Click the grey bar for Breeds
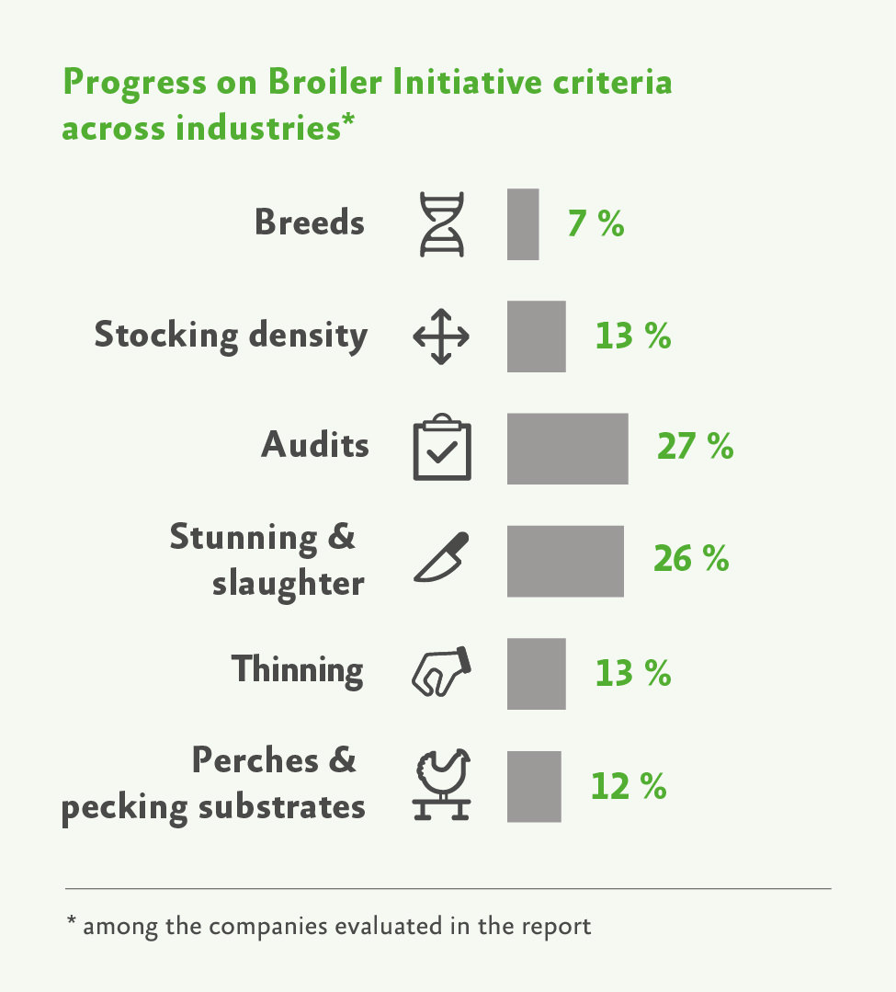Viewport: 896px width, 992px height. [523, 224]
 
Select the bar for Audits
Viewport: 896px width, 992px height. [567, 449]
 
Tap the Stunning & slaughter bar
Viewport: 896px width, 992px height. [565, 561]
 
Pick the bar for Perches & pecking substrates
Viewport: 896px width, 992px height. [534, 786]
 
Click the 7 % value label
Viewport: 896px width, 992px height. [595, 224]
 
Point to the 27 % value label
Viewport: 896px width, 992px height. [695, 446]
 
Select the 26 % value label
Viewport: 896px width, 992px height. [691, 559]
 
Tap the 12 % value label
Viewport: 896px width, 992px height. [629, 787]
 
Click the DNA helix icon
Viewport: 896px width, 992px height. [442, 224]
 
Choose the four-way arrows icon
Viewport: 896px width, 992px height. [441, 336]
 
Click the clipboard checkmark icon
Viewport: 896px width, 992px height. [442, 448]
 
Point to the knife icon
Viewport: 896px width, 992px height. [442, 558]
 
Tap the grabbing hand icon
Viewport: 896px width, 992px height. [440, 670]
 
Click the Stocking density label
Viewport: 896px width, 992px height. [231, 336]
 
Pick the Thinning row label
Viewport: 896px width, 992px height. [297, 669]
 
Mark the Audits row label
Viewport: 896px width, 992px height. [315, 445]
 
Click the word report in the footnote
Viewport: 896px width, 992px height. [555, 925]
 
